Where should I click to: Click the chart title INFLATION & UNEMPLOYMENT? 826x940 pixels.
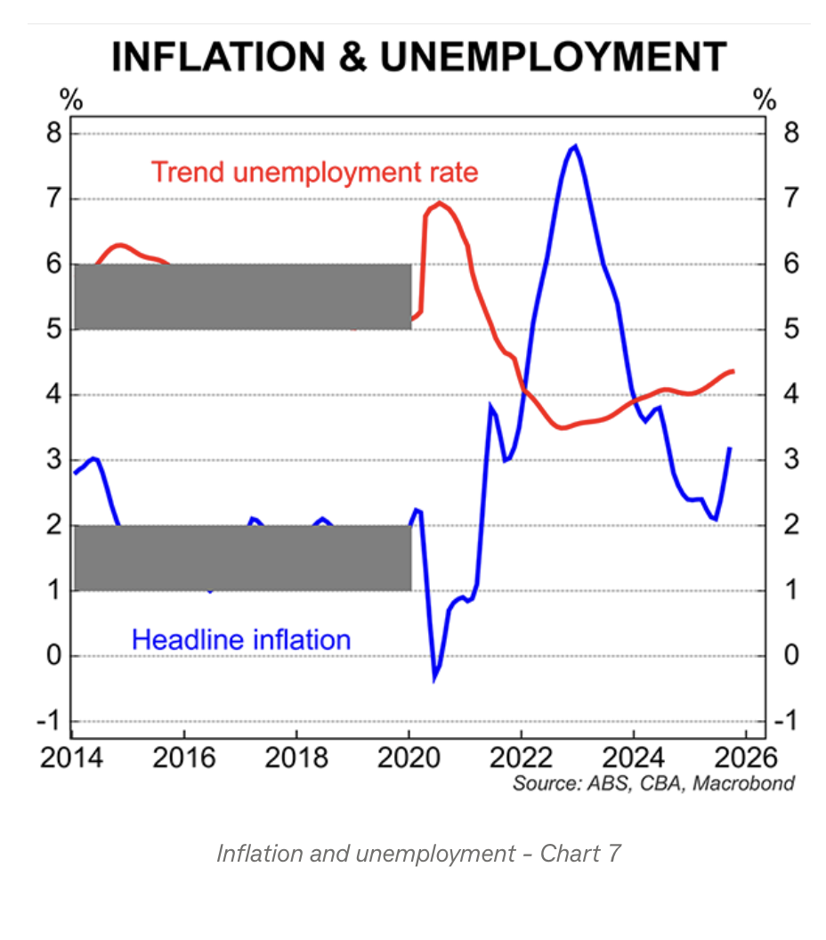coord(418,57)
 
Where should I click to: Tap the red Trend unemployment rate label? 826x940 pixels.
coord(314,171)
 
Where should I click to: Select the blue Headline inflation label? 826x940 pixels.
coord(240,638)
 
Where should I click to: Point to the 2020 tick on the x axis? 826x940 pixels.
coord(409,758)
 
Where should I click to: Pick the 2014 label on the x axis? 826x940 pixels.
coord(71,758)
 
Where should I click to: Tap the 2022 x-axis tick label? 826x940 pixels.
coord(521,758)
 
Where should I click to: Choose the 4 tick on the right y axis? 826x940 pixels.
coord(787,394)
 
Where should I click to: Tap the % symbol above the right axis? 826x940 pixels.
coord(765,98)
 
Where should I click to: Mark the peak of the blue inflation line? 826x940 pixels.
coord(576,147)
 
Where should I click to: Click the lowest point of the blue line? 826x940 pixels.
coord(435,678)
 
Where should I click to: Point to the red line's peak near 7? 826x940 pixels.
coord(439,203)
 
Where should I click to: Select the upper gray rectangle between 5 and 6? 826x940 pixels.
coord(242,296)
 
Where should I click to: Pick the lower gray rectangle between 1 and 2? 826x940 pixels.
coord(242,557)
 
